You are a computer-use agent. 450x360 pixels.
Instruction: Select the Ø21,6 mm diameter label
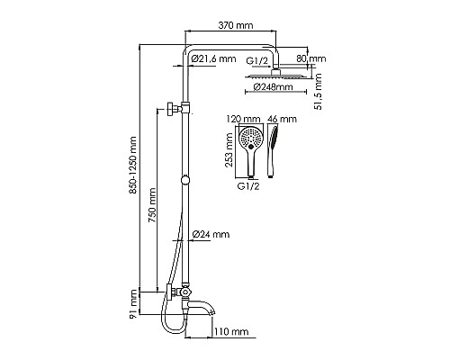tap(214, 59)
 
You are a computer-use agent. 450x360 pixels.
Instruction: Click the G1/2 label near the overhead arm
tap(259, 59)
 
